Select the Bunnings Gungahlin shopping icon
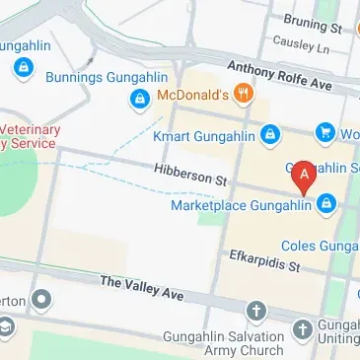pyautogui.click(x=22, y=68)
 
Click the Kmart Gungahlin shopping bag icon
pyautogui.click(x=269, y=133)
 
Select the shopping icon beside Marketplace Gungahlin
pyautogui.click(x=325, y=204)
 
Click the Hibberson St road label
pyautogui.click(x=190, y=176)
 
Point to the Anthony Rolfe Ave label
pyautogui.click(x=279, y=75)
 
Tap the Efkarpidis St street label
pyautogui.click(x=263, y=259)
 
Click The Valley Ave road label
pyautogui.click(x=142, y=288)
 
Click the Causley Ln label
pyautogui.click(x=307, y=44)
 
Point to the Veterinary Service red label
pyautogui.click(x=30, y=136)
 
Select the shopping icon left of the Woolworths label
pyautogui.click(x=325, y=132)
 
